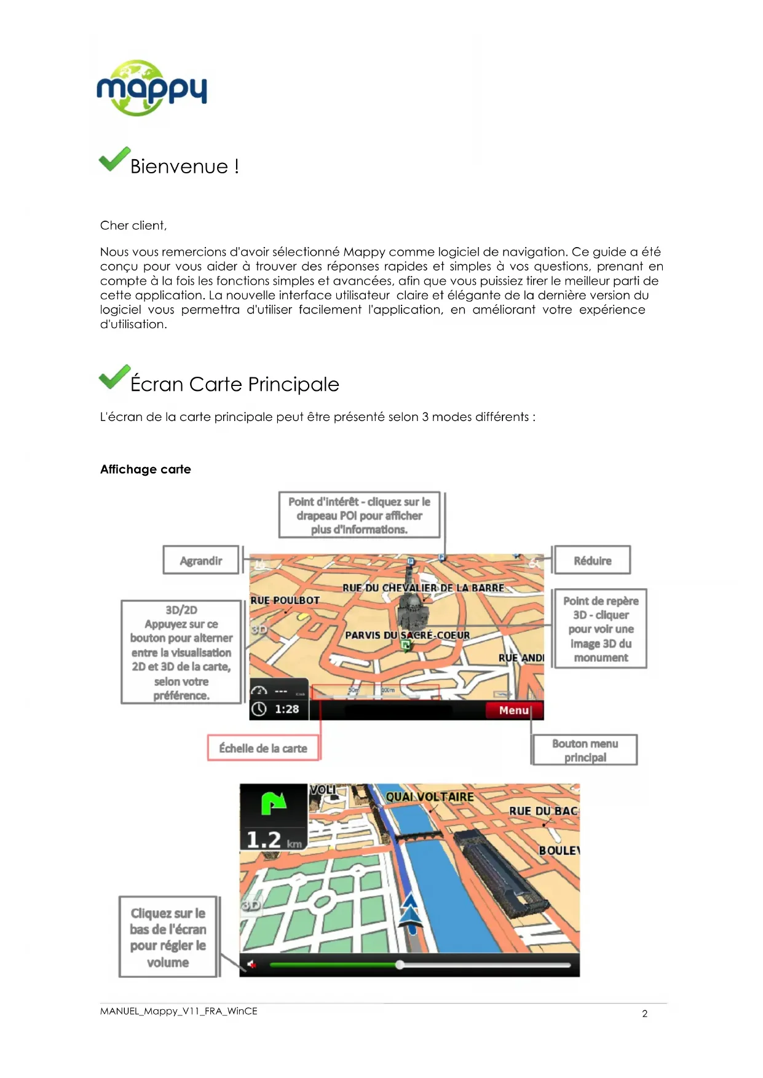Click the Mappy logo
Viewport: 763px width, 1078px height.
click(x=151, y=88)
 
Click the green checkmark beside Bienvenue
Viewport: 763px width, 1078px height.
click(x=114, y=159)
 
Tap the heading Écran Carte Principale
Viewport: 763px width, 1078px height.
click(x=234, y=384)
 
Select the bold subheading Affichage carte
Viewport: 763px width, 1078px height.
click(x=146, y=470)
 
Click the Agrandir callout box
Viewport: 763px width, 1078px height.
click(x=201, y=561)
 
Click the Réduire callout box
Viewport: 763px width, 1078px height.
click(x=592, y=561)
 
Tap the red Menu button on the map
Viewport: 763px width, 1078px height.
click(x=514, y=710)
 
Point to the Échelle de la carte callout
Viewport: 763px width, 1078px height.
click(x=263, y=749)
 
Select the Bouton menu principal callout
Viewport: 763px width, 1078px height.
click(x=585, y=750)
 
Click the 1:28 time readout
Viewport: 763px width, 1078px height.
click(x=286, y=709)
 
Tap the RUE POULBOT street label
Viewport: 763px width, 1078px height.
click(x=285, y=600)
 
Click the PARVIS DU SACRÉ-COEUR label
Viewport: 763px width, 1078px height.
click(x=407, y=635)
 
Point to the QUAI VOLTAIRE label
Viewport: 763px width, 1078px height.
click(x=430, y=797)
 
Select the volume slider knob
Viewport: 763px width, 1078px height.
click(x=400, y=965)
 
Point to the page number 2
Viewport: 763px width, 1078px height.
click(x=644, y=1014)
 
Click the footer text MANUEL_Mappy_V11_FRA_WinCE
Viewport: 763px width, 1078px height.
click(x=178, y=1011)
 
